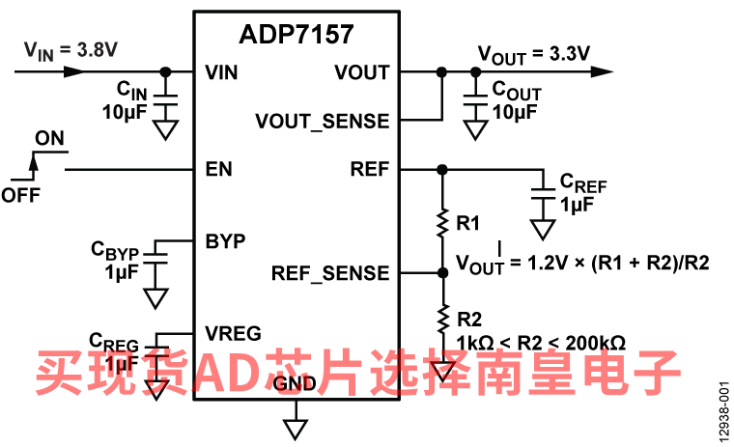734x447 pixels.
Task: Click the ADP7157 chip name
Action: tap(296, 36)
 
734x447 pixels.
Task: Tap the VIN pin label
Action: tap(222, 72)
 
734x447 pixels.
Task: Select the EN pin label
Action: tap(218, 170)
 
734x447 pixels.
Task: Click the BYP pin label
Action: tap(225, 240)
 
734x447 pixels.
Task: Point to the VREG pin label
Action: tap(233, 333)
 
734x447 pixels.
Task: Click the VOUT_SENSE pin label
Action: tap(322, 122)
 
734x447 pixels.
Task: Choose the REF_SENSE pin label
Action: tap(330, 273)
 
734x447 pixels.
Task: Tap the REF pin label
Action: tap(370, 170)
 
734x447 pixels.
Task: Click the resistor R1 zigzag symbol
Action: tap(442, 223)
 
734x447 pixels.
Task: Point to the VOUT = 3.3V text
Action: tap(534, 52)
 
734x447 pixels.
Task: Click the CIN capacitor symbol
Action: tap(166, 99)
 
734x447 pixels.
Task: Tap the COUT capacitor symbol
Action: tap(473, 99)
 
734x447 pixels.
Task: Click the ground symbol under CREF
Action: tap(544, 229)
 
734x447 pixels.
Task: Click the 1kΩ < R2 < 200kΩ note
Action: tap(544, 342)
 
